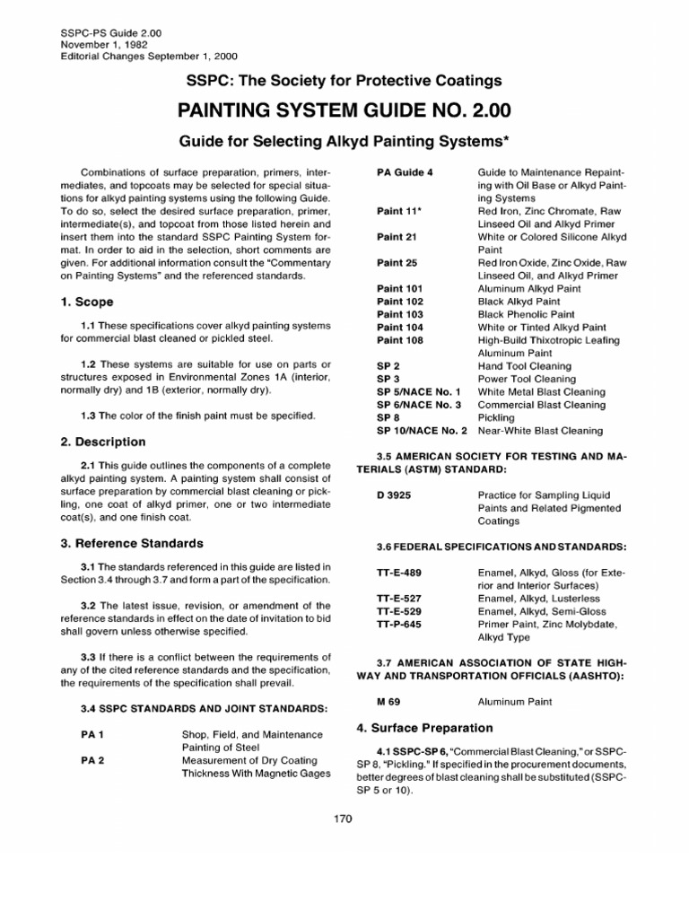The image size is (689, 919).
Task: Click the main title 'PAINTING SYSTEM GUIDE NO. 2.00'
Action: (344, 112)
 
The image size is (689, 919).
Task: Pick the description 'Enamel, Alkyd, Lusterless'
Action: (551, 598)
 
